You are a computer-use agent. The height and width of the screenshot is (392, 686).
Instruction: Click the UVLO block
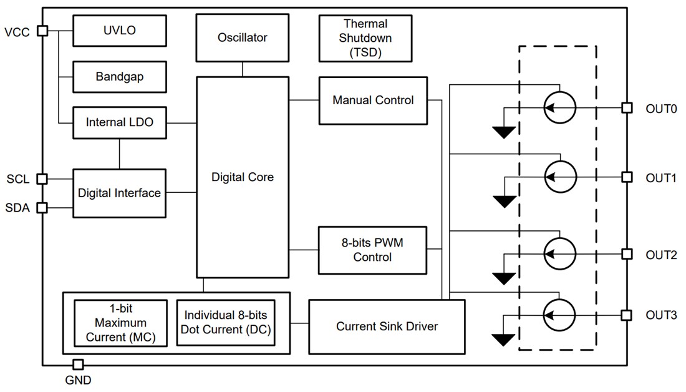click(120, 30)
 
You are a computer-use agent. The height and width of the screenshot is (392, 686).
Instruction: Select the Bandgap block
click(120, 77)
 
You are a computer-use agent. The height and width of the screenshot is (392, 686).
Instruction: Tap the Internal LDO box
click(120, 123)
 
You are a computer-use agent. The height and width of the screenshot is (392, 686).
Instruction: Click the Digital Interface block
click(120, 193)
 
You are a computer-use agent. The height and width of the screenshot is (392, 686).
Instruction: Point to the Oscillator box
click(242, 37)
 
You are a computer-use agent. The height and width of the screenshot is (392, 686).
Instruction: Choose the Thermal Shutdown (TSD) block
click(365, 38)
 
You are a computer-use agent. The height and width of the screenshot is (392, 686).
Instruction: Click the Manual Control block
click(373, 100)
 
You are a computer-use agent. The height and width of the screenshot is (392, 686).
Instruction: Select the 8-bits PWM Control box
click(373, 250)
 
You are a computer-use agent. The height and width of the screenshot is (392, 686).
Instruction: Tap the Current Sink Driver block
click(387, 326)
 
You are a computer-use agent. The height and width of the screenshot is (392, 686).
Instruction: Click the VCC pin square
click(42, 31)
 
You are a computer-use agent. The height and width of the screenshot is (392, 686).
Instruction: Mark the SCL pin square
click(42, 179)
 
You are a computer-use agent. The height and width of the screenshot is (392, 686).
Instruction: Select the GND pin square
click(79, 365)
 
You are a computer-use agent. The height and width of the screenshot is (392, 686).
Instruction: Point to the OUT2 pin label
click(661, 255)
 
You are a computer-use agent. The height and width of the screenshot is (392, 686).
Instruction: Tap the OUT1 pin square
click(626, 178)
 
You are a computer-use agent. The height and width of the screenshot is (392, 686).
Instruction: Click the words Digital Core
click(242, 177)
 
